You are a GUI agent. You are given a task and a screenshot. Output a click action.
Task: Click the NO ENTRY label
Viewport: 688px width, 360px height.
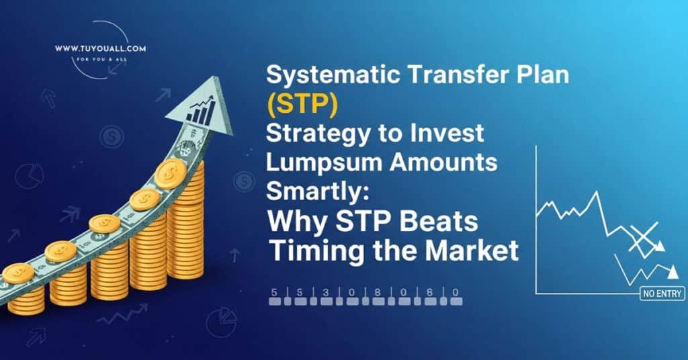(x=661, y=293)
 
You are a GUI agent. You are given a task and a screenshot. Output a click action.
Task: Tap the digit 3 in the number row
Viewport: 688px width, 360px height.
(x=326, y=292)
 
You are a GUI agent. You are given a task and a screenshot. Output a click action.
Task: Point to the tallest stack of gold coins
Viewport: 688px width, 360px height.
(x=185, y=222)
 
